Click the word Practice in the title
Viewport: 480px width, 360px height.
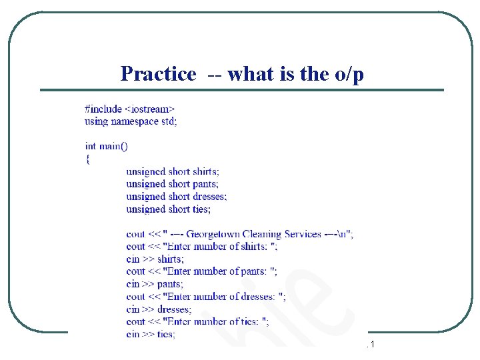[x=158, y=73]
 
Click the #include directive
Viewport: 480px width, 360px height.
[x=104, y=109]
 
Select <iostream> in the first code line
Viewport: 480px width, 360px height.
[x=151, y=109]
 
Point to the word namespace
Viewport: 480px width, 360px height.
[x=131, y=121]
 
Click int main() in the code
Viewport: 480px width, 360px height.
[x=107, y=146]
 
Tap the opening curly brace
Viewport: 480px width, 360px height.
[x=87, y=159]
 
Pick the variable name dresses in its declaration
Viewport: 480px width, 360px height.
[x=210, y=197]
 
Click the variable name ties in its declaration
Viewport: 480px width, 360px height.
[x=201, y=209]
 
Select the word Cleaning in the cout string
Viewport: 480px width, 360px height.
[x=262, y=234]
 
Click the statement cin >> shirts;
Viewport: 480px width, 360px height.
[x=155, y=259]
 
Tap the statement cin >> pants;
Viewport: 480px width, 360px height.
[x=155, y=284]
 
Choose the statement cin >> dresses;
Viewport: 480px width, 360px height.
[x=159, y=309]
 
